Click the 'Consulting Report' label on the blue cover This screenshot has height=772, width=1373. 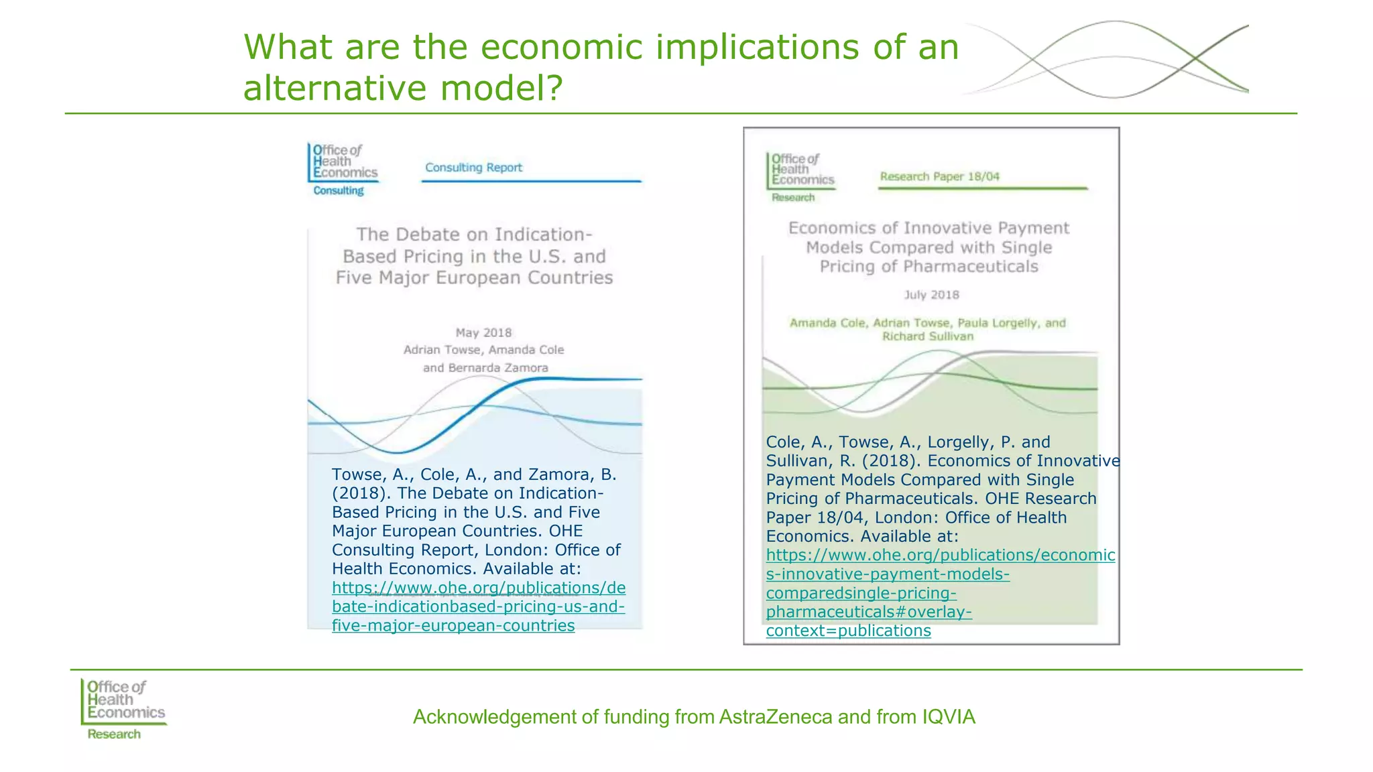(x=473, y=168)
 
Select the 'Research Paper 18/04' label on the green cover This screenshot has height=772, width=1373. (x=939, y=177)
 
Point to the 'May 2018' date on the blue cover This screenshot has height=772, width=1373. (x=483, y=333)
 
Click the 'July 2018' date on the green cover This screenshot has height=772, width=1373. (x=931, y=295)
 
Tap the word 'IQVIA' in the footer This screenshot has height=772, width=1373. (x=949, y=717)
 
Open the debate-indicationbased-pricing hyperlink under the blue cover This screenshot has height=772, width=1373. (x=478, y=606)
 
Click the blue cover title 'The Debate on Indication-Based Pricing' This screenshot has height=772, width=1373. (x=474, y=256)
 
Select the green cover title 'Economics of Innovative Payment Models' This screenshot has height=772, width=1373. (x=929, y=247)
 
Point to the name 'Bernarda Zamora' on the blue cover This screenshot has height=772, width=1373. (x=498, y=368)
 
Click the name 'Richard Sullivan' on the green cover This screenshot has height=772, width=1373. (x=928, y=336)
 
